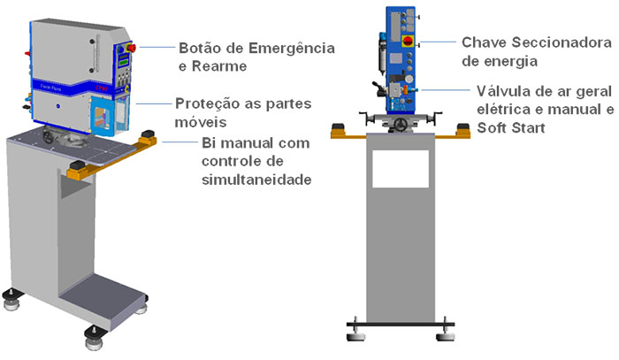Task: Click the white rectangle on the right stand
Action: coord(400,168)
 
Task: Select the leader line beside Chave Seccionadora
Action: coord(439,42)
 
